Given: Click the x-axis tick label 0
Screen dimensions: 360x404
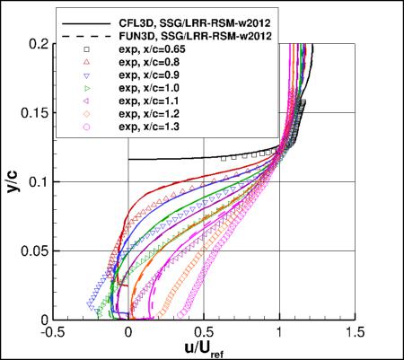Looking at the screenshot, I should pos(129,331).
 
